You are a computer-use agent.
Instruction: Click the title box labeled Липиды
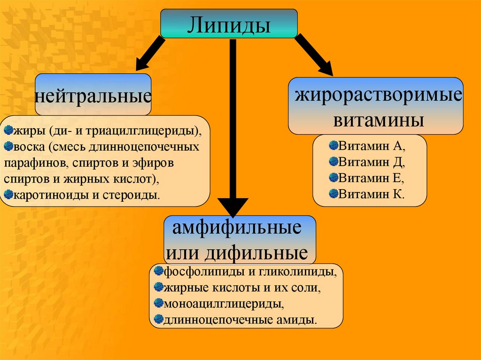pyautogui.click(x=229, y=23)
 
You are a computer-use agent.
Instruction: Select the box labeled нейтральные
pyautogui.click(x=93, y=95)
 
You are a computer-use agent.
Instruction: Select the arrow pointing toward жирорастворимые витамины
pyautogui.click(x=313, y=55)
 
